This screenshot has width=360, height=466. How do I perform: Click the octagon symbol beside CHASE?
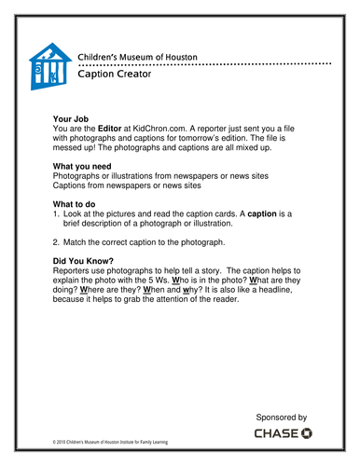pyautogui.click(x=308, y=435)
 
